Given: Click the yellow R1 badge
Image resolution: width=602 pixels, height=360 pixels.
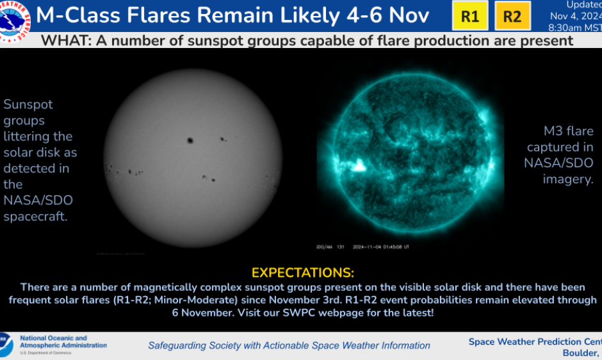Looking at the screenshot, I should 470,17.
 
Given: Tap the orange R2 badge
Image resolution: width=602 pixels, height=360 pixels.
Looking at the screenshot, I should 512,17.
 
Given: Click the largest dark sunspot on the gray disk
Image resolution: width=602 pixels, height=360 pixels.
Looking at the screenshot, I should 190,140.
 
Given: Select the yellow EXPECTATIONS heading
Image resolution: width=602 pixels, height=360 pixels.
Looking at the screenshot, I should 302,273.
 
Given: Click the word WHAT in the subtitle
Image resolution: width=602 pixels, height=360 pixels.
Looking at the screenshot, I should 65,41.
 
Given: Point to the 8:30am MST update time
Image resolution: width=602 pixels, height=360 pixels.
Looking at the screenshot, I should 574,28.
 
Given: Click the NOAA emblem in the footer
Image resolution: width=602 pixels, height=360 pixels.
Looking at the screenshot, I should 6,345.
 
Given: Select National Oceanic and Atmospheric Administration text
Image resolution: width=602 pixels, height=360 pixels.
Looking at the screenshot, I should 63,341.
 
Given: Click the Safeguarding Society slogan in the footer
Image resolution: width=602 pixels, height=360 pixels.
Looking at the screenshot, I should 289,345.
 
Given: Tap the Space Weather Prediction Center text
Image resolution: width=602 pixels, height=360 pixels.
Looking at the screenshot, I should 535,341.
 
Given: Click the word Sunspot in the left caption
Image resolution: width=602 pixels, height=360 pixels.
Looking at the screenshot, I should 28,104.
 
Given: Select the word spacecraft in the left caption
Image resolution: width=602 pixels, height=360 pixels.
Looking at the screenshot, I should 36,217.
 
